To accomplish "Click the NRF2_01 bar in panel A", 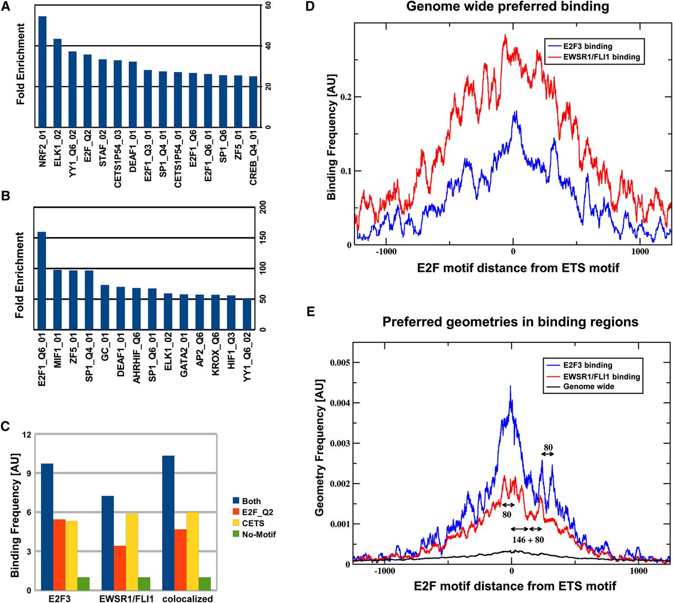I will tap(43, 71).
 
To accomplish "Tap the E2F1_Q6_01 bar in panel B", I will tap(42, 281).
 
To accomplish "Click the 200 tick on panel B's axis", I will tap(263, 208).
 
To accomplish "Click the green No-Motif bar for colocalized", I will tap(205, 584).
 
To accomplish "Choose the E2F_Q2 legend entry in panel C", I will tap(258, 512).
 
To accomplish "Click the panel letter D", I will tap(310, 6).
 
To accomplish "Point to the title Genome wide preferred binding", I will tap(507, 7).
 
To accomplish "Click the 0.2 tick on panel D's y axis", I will tap(348, 97).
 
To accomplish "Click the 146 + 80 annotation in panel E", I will tap(527, 539).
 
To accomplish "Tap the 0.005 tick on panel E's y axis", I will tap(340, 362).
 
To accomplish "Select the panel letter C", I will tap(5, 427).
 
